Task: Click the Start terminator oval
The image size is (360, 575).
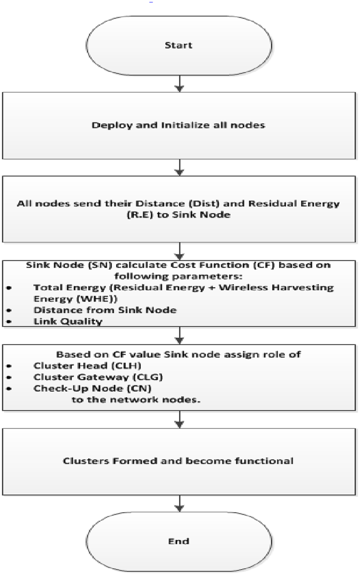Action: pyautogui.click(x=178, y=45)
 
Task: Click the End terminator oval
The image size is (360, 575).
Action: pyautogui.click(x=178, y=541)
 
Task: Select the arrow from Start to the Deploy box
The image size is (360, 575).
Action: pyautogui.click(x=179, y=83)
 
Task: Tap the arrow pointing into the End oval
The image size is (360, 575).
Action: pyautogui.click(x=179, y=503)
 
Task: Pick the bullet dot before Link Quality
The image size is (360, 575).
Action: pyautogui.click(x=9, y=322)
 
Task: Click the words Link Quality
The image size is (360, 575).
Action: pyautogui.click(x=68, y=321)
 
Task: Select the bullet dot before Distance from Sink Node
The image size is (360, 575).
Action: pyautogui.click(x=9, y=310)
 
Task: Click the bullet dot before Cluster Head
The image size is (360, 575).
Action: pyautogui.click(x=9, y=366)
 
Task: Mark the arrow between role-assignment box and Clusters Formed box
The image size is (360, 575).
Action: pyautogui.click(x=179, y=420)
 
